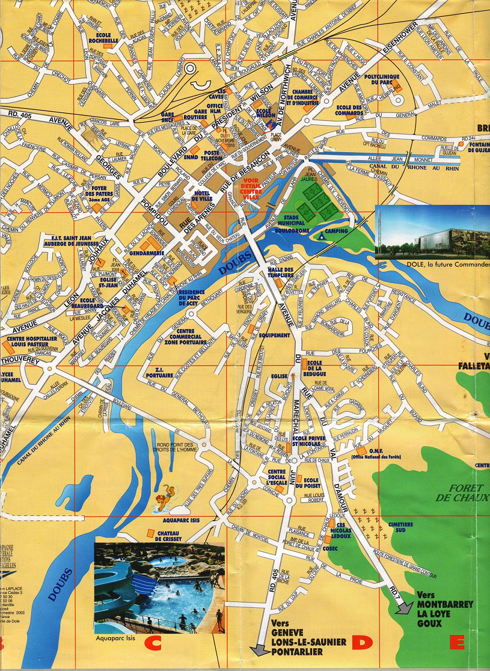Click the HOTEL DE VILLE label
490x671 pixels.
[203, 196]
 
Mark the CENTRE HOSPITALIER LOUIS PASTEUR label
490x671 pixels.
[28, 343]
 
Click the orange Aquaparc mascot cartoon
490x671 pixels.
[167, 500]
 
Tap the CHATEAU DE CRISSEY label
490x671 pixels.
[174, 536]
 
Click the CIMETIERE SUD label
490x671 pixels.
[400, 527]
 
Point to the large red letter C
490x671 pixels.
[155, 644]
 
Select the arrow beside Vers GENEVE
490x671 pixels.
[260, 649]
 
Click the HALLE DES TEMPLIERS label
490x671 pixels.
[281, 272]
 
